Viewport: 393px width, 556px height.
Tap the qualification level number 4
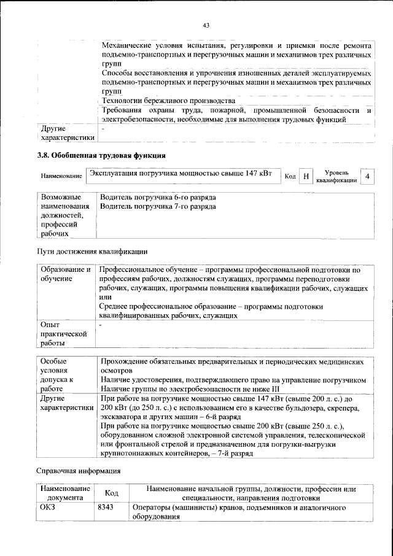(367, 177)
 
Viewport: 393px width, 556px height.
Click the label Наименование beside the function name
(61, 177)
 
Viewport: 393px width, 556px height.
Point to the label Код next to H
(290, 177)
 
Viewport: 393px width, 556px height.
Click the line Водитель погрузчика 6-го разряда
(157, 198)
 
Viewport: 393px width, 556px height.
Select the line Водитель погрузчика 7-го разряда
(157, 207)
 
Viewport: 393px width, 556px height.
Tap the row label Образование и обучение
(65, 274)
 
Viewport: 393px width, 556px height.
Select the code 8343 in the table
(106, 509)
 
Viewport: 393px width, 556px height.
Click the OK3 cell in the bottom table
(48, 509)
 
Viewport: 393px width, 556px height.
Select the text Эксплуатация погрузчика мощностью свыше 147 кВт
(181, 174)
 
